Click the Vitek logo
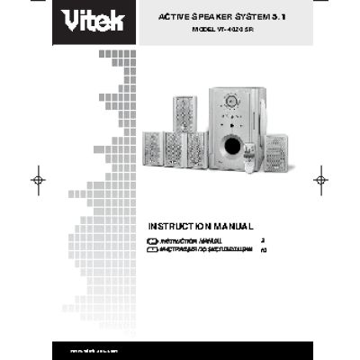89,19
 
